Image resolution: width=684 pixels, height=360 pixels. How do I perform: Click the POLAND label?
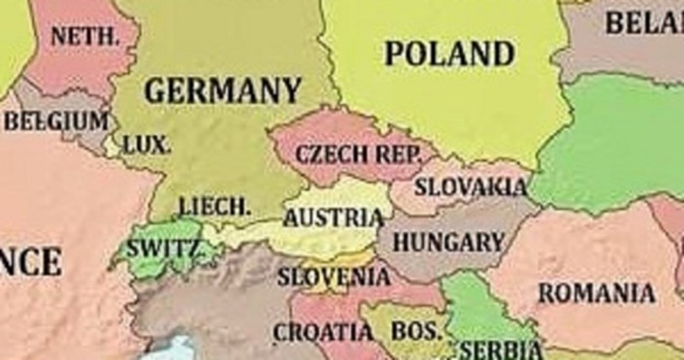pyautogui.click(x=450, y=54)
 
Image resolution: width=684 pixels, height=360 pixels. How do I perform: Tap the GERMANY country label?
pyautogui.click(x=222, y=90)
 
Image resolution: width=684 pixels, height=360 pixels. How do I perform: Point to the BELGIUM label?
pyautogui.click(x=56, y=121)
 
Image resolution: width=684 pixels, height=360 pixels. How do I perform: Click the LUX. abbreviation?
pyautogui.click(x=147, y=145)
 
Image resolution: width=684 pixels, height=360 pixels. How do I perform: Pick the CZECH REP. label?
pyautogui.click(x=359, y=156)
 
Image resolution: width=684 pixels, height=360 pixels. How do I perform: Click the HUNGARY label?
pyautogui.click(x=448, y=242)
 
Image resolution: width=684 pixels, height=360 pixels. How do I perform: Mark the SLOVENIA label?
pyautogui.click(x=333, y=277)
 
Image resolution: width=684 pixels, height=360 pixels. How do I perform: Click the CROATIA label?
pyautogui.click(x=322, y=331)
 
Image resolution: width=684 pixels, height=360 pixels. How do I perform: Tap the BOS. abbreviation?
pyautogui.click(x=417, y=331)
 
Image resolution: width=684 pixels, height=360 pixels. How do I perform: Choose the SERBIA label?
pyautogui.click(x=501, y=350)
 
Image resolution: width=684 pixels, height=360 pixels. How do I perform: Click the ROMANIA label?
pyautogui.click(x=596, y=293)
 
